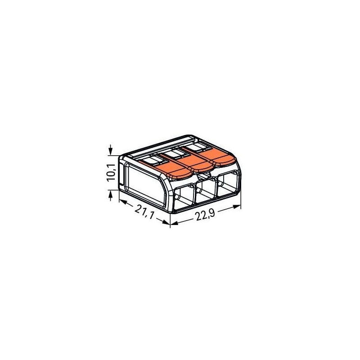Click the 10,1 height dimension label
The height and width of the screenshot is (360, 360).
pyautogui.click(x=111, y=172)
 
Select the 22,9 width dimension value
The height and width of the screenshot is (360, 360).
pyautogui.click(x=205, y=216)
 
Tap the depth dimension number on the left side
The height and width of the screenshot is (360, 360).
pyautogui.click(x=144, y=212)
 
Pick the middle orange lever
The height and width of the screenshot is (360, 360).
pyautogui.click(x=190, y=162)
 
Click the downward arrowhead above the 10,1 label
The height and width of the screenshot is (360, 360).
pyautogui.click(x=111, y=151)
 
